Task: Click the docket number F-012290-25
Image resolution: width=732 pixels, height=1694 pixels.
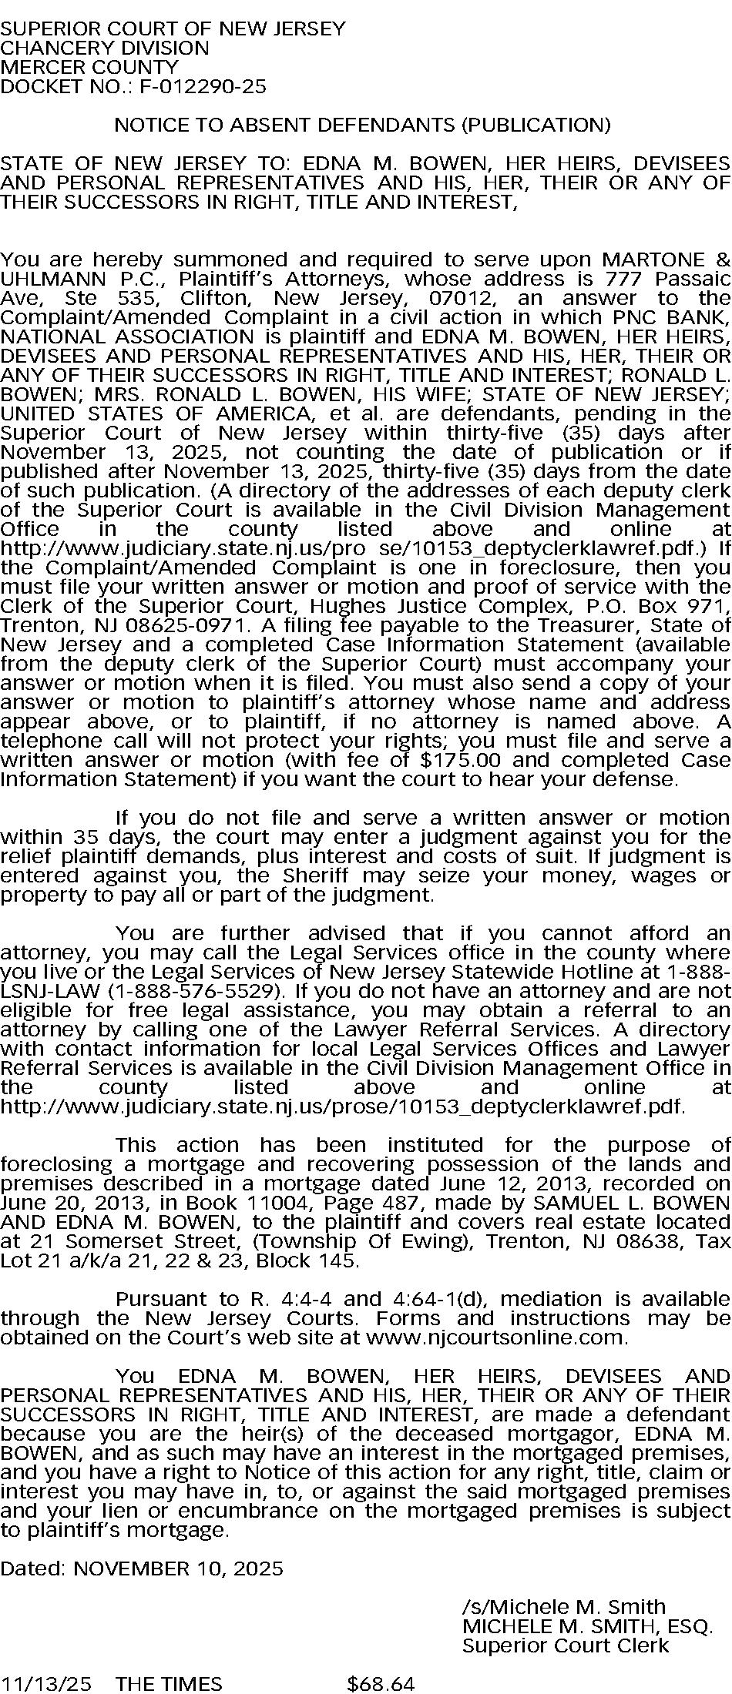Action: (x=203, y=86)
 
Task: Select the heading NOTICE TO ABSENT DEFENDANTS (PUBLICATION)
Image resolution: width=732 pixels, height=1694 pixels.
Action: (x=362, y=125)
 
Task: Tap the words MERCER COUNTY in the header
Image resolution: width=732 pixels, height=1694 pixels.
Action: (x=89, y=67)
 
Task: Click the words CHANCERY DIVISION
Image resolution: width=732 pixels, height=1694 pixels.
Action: (x=105, y=48)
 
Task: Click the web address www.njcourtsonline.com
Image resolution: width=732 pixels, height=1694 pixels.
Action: (x=496, y=1337)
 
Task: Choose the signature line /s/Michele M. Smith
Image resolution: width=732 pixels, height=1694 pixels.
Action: (x=563, y=1607)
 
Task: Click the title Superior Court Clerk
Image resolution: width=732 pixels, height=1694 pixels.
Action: (x=566, y=1645)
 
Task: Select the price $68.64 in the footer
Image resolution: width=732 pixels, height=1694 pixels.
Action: (x=381, y=1684)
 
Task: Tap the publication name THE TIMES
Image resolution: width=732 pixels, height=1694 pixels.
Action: (x=169, y=1684)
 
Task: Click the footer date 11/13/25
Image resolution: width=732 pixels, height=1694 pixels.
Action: (x=45, y=1684)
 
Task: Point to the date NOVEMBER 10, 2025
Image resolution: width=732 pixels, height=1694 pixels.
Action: (x=178, y=1568)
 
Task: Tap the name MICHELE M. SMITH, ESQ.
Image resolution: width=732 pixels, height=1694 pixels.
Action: (x=587, y=1626)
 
